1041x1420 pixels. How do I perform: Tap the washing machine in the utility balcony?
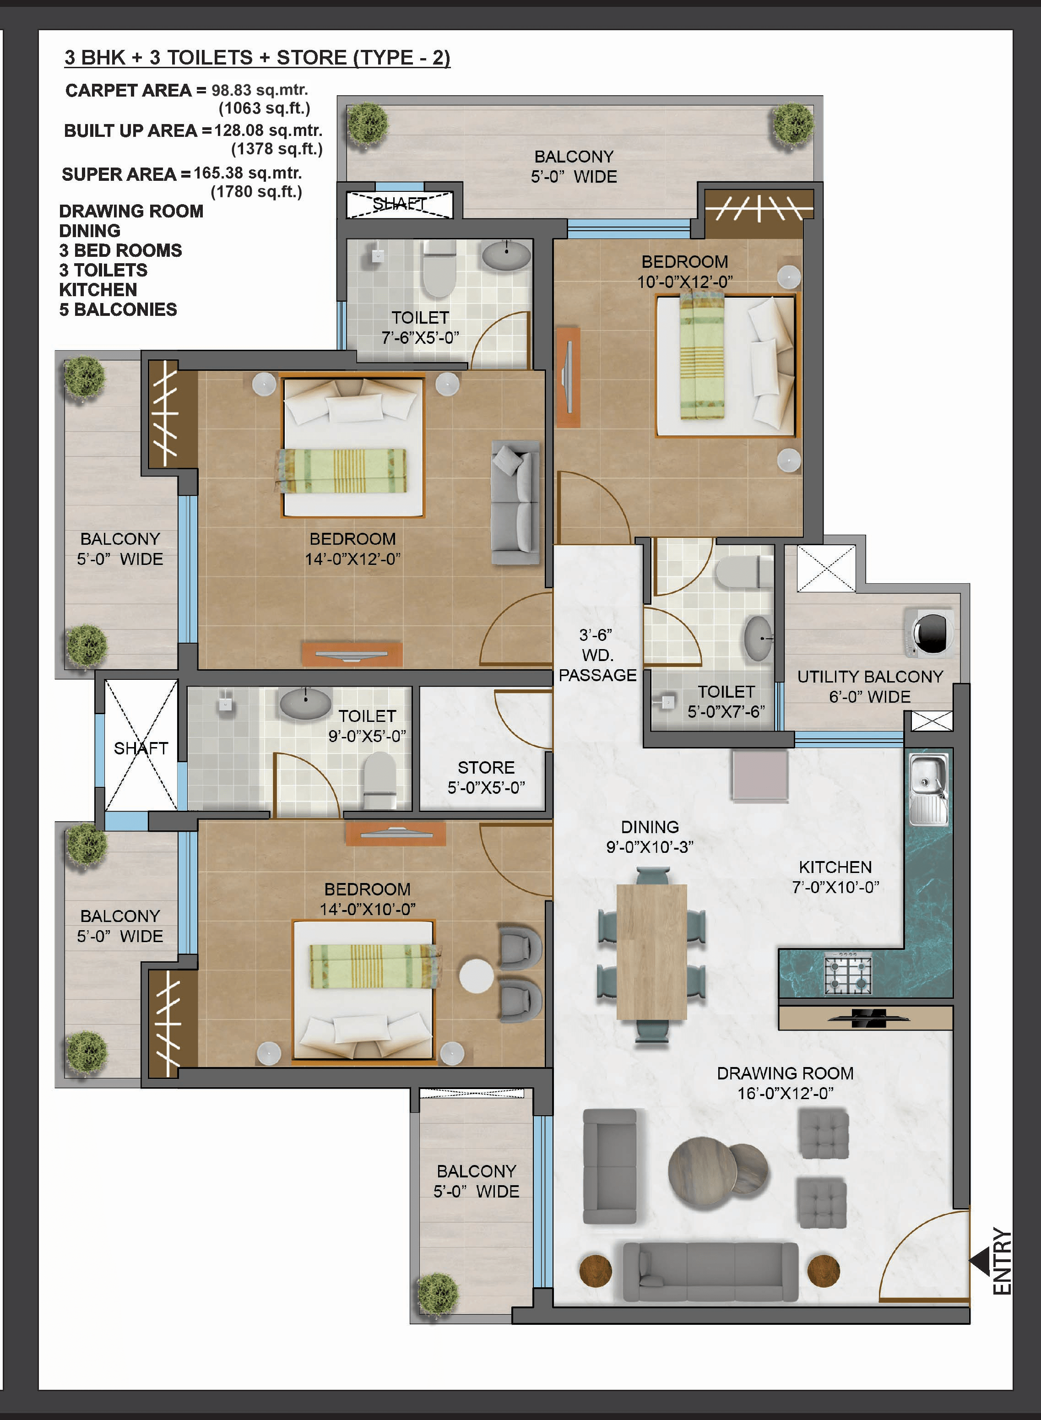[x=929, y=632]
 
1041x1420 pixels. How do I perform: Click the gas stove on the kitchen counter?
[x=848, y=973]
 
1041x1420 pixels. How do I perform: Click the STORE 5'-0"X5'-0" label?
[x=486, y=777]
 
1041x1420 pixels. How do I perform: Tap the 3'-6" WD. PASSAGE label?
[x=597, y=655]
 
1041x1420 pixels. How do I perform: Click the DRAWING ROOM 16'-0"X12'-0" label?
[x=785, y=1083]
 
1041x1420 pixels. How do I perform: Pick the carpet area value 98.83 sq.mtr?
[x=260, y=90]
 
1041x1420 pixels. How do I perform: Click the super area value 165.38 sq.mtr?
[x=248, y=173]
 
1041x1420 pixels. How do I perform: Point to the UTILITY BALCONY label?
[x=870, y=677]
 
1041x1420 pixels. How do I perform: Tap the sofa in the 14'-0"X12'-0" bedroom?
[x=515, y=502]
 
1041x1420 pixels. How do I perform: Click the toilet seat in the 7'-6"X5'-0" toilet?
[x=439, y=269]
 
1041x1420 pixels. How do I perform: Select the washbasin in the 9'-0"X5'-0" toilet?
[x=305, y=704]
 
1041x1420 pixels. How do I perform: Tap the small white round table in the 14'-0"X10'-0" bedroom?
[x=477, y=975]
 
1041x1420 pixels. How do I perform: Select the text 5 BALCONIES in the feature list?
[x=118, y=309]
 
